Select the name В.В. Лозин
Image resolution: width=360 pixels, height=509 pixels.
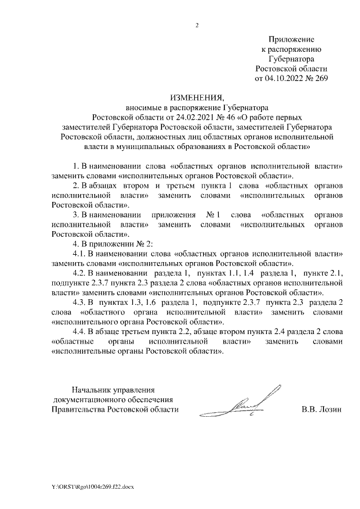tap(321, 409)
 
